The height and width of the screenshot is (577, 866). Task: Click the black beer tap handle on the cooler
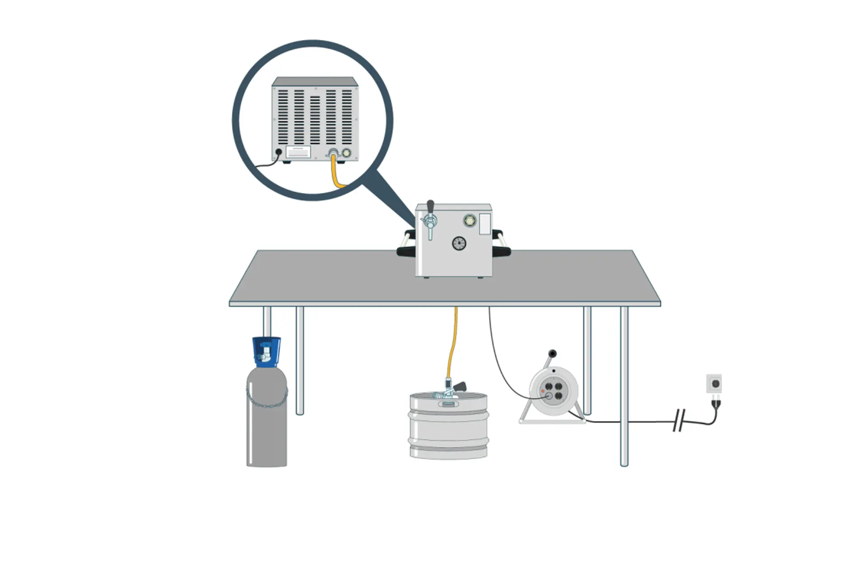[430, 207]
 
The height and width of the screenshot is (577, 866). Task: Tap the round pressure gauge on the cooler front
[459, 243]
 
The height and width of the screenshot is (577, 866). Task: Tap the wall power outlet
[714, 384]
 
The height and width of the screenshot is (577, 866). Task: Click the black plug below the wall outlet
[715, 402]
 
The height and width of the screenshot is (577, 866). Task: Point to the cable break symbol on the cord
[679, 420]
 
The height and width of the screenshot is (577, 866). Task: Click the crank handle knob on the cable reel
[553, 353]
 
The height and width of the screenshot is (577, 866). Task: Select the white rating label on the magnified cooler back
[298, 152]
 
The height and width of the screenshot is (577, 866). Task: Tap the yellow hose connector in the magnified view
[333, 153]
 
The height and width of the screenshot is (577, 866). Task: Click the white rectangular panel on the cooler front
[485, 224]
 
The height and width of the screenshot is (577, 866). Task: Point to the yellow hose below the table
[452, 343]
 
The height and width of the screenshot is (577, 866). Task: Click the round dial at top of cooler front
[470, 221]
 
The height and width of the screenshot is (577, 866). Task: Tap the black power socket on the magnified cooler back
[279, 152]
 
